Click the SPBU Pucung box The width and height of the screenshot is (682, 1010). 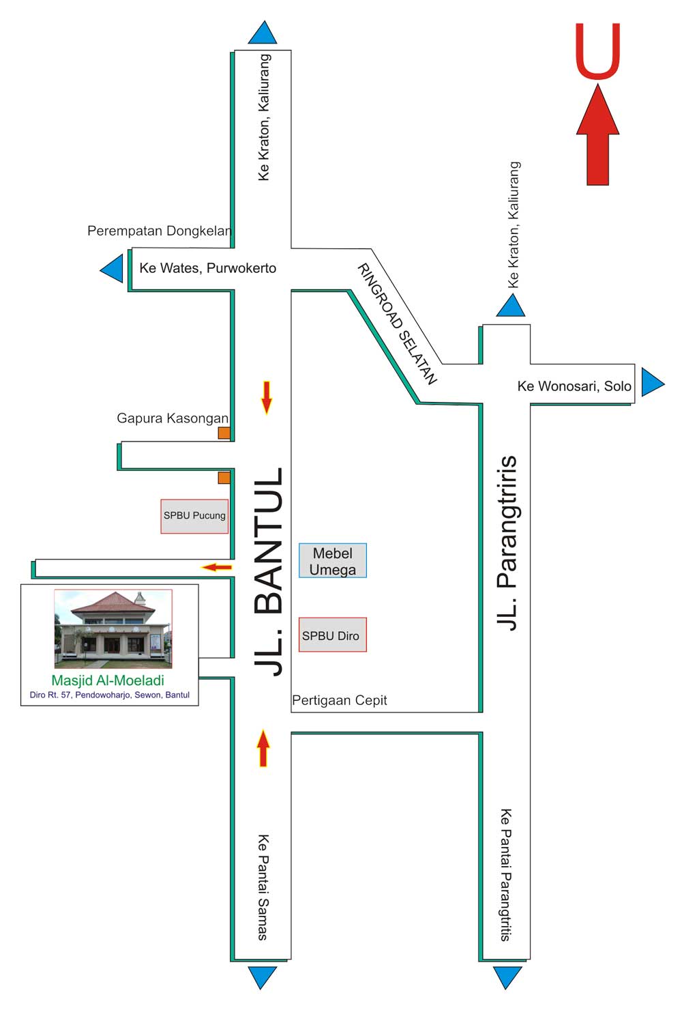pyautogui.click(x=194, y=516)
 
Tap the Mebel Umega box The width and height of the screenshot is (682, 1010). pyautogui.click(x=333, y=561)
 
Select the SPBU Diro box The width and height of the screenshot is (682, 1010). pyautogui.click(x=332, y=635)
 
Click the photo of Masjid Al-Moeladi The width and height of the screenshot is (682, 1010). pyautogui.click(x=113, y=629)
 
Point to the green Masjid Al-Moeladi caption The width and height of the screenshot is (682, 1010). pyautogui.click(x=108, y=680)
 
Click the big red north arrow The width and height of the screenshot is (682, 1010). pyautogui.click(x=597, y=136)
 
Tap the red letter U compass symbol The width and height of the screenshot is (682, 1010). pyautogui.click(x=597, y=51)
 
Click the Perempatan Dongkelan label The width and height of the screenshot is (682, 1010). pyautogui.click(x=160, y=231)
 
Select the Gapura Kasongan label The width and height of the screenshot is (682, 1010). pyautogui.click(x=172, y=418)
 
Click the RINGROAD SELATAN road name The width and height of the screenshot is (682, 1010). pyautogui.click(x=397, y=323)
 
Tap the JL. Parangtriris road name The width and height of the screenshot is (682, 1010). pyautogui.click(x=508, y=543)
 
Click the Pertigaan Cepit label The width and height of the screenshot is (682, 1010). pyautogui.click(x=339, y=700)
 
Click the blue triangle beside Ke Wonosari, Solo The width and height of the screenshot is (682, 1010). pyautogui.click(x=651, y=383)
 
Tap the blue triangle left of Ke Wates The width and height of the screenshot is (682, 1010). pyautogui.click(x=113, y=269)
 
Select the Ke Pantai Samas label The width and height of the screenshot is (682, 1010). pyautogui.click(x=263, y=887)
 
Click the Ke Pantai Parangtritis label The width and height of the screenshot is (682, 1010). pyautogui.click(x=505, y=876)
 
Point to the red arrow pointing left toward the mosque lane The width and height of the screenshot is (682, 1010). pyautogui.click(x=216, y=566)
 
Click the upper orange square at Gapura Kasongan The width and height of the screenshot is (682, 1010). pyautogui.click(x=224, y=433)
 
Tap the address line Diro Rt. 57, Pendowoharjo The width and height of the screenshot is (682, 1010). pyautogui.click(x=109, y=695)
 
